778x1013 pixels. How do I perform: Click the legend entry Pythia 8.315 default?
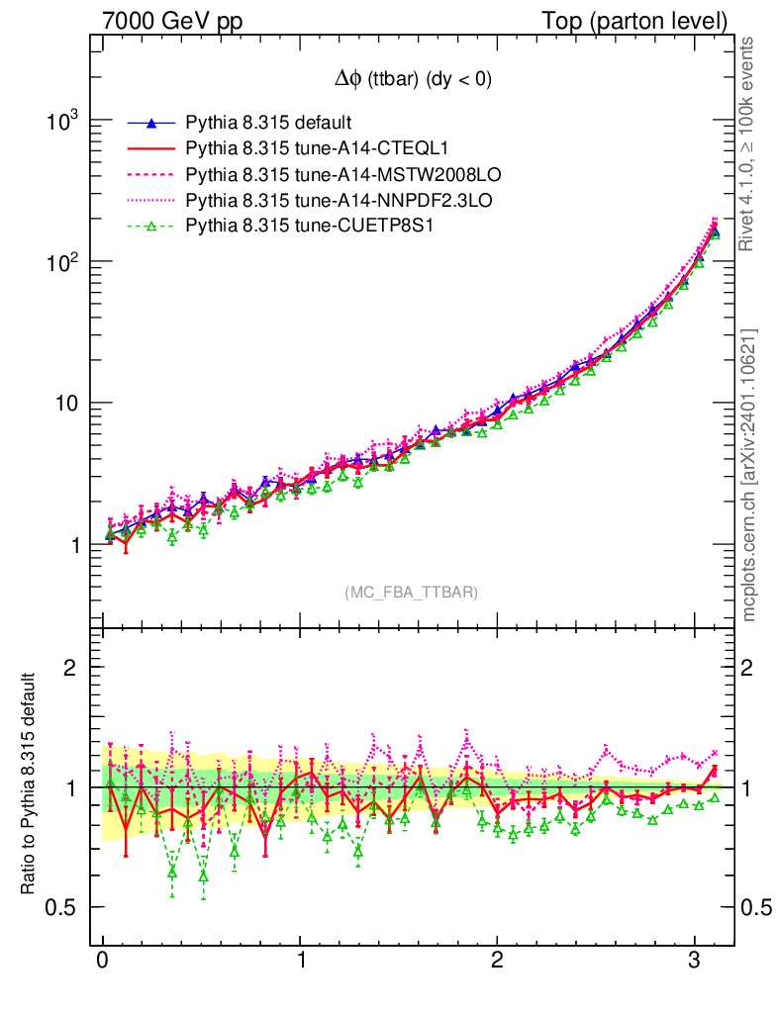[x=268, y=124]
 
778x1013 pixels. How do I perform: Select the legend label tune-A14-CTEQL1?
[x=317, y=149]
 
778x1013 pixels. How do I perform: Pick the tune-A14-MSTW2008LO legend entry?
[x=342, y=175]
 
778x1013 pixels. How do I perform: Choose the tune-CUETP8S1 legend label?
[x=310, y=227]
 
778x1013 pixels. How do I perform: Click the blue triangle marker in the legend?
[x=151, y=124]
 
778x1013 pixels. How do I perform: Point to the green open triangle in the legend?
[x=151, y=227]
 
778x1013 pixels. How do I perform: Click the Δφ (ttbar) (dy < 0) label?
[x=412, y=81]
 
